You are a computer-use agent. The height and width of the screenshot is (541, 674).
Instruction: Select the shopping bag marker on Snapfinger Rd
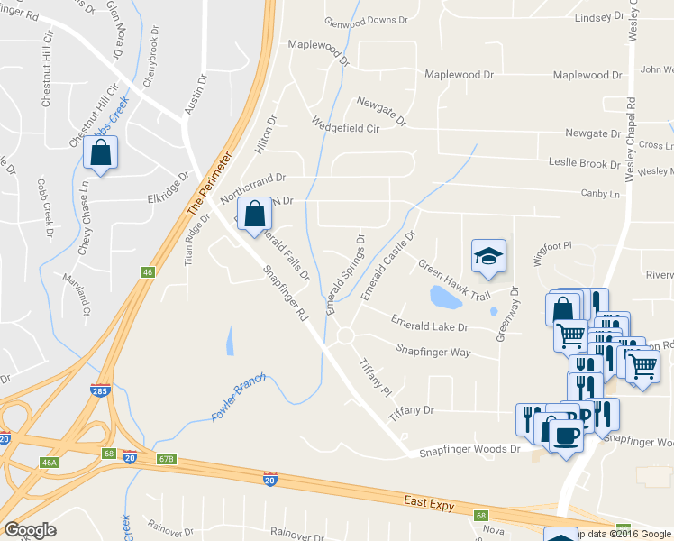[255, 215]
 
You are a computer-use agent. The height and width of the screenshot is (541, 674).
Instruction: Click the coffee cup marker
[566, 436]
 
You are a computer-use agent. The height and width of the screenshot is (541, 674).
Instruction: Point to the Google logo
[31, 530]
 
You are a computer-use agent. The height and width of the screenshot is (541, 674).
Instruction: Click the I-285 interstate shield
[101, 390]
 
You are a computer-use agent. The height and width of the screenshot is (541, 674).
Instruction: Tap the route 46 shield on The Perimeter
[148, 271]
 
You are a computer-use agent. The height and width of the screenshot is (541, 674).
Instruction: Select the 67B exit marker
[166, 458]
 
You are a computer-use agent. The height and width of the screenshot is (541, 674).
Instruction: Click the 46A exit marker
[49, 462]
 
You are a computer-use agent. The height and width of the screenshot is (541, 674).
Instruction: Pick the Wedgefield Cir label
[345, 128]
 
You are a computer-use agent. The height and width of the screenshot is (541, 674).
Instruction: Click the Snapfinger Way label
[433, 352]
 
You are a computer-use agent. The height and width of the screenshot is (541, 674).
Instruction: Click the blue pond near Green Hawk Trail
[442, 296]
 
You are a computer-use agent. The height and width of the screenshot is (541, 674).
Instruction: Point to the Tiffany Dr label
[411, 412]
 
